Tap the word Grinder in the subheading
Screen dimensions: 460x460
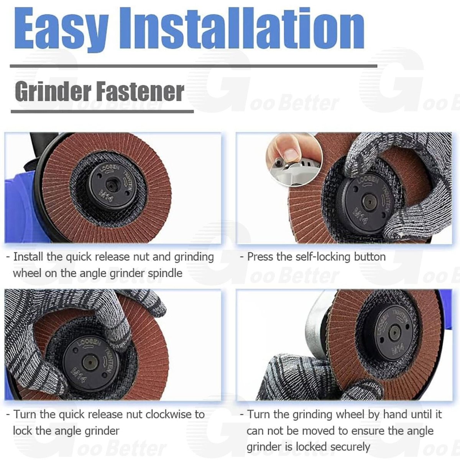53,92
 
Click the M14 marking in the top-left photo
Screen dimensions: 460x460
105,195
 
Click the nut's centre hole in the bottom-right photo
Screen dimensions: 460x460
394,333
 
